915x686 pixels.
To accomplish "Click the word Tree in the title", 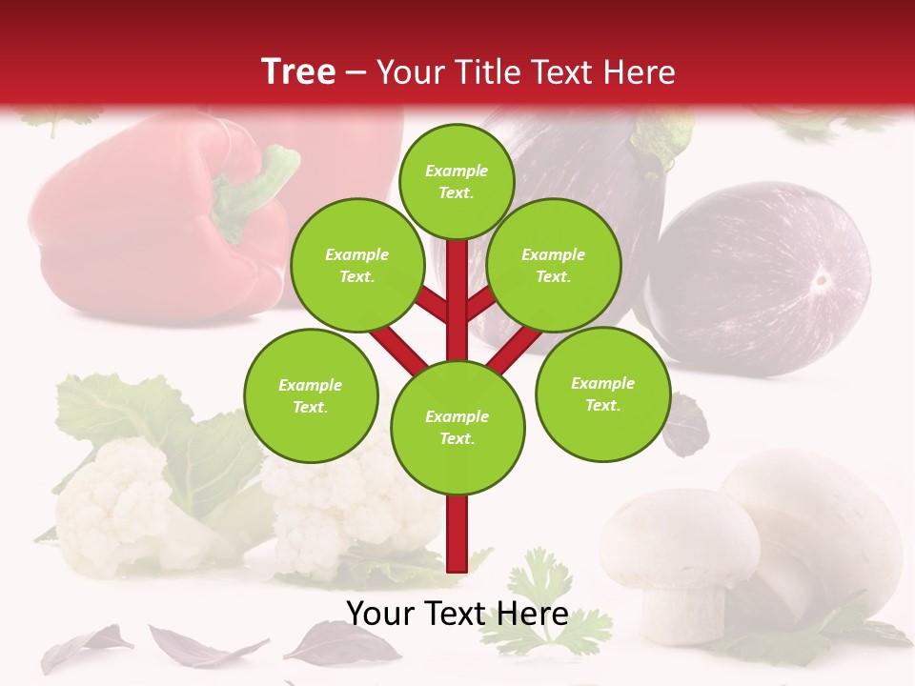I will click(298, 71).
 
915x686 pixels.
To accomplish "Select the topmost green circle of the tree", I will click(457, 182).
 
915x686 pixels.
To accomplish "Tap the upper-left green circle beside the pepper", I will click(357, 266).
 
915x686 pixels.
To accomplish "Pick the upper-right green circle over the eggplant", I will click(554, 266).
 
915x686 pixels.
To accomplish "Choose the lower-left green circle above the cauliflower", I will click(311, 396).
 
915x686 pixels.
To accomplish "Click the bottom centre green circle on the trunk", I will click(457, 428).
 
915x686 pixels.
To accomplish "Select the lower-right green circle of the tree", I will click(602, 394).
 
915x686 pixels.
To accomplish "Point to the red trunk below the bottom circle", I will click(457, 534).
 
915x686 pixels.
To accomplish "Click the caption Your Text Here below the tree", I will click(457, 614).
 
